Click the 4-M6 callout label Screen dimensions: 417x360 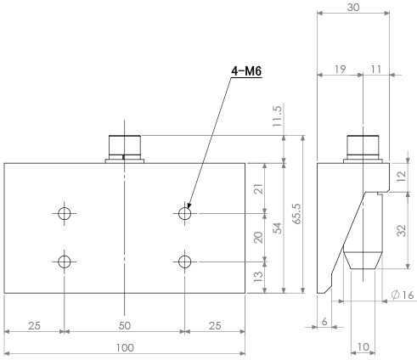coord(246,71)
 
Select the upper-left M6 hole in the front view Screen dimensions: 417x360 coord(65,213)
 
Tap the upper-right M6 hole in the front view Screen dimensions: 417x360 coord(185,213)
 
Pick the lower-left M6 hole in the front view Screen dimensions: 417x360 coord(65,262)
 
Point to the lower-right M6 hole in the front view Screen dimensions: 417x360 coord(185,262)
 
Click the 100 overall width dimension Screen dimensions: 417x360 coord(125,348)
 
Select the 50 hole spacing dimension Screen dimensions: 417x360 coord(125,326)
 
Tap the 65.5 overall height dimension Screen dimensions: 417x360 coord(297,214)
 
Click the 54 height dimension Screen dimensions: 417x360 coord(279,228)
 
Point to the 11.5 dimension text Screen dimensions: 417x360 coord(278,116)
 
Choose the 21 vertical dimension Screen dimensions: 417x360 coord(258,188)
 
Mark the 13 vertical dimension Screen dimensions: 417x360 coord(258,277)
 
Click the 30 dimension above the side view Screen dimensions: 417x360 coord(353,8)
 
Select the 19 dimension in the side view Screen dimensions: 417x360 coord(340,70)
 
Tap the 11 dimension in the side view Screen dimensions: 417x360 coord(376,70)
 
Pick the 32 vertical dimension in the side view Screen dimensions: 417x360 coord(402,230)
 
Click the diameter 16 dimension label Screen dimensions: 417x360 coord(403,295)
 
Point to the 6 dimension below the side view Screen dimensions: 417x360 coord(324,322)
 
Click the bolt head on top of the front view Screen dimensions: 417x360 coord(125,147)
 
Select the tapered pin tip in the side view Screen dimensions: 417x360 coord(363,261)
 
